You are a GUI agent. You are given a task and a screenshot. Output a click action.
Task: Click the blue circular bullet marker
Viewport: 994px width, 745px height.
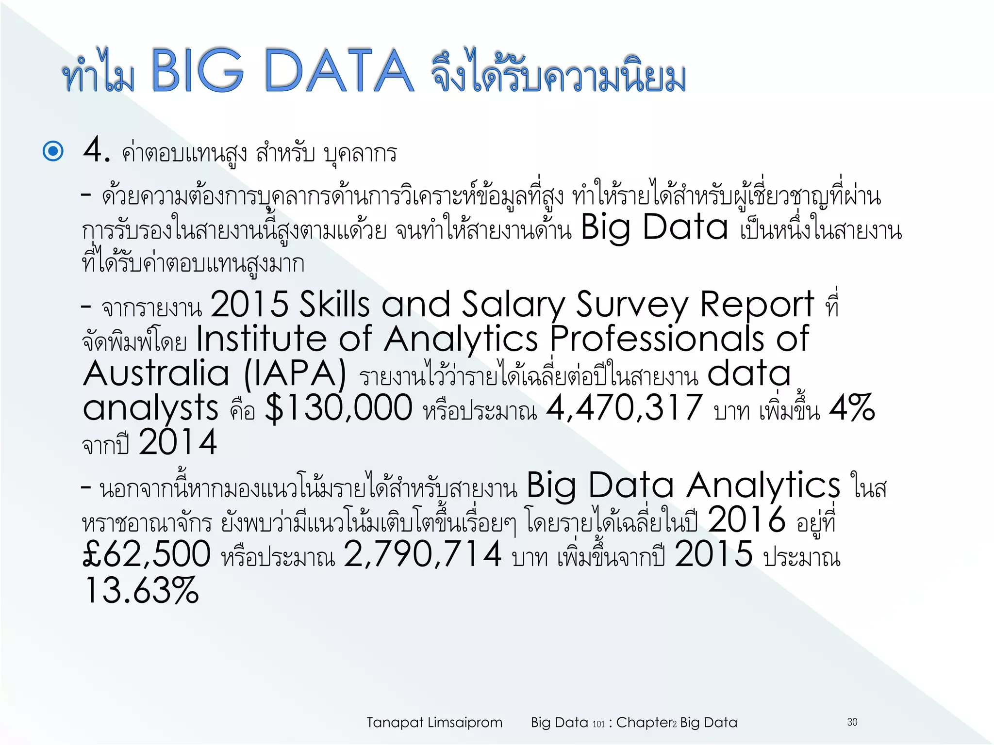pos(53,151)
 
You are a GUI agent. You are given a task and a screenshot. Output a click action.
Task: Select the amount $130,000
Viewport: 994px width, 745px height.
pos(339,408)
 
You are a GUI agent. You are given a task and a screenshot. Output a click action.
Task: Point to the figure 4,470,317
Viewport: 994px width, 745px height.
pos(624,407)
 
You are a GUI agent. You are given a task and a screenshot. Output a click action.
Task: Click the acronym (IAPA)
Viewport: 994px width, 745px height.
pos(295,374)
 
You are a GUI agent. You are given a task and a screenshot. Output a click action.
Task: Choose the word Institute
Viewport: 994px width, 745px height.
pos(261,339)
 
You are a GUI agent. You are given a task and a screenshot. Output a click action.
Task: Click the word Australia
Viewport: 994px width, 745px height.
pos(156,374)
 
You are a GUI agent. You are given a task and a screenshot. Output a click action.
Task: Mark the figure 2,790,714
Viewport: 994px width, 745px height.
pos(422,554)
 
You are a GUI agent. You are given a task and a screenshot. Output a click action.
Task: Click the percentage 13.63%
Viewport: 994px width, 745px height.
pos(141,591)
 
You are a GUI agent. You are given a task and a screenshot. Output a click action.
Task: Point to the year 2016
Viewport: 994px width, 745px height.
pos(746,519)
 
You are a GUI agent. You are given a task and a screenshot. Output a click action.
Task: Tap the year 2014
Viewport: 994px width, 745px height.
pos(178,442)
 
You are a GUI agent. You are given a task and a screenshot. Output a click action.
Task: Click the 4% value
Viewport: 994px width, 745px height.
pos(852,407)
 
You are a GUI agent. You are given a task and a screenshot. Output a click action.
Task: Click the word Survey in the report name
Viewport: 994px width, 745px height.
pos(632,305)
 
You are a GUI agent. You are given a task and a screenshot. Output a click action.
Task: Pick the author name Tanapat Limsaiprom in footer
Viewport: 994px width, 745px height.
pos(434,723)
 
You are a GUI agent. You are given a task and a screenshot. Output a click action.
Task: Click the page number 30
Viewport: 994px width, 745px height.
pos(852,722)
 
